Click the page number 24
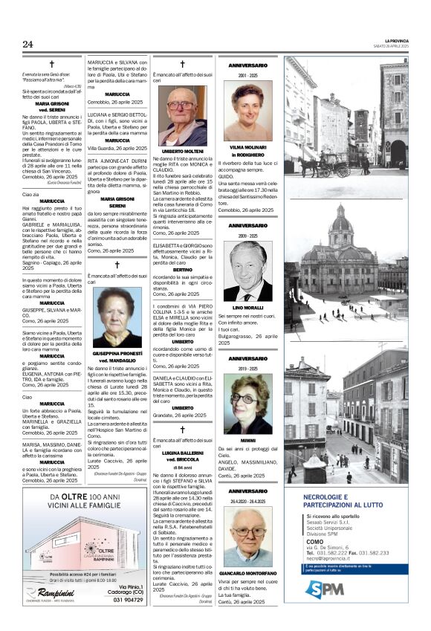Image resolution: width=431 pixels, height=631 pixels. coord(27,44)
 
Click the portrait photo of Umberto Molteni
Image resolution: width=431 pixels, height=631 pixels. coord(182,117)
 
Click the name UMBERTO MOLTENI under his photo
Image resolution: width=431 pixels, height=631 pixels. coord(182,151)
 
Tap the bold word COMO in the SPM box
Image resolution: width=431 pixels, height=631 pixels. coord(315,542)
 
